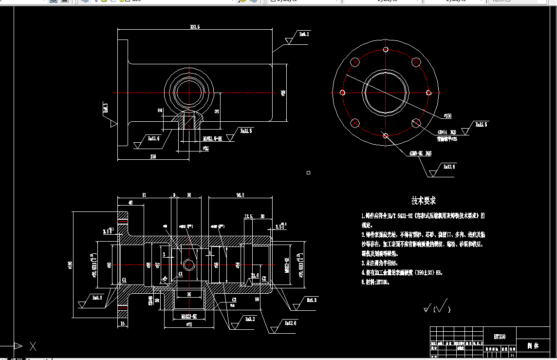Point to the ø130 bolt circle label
pyautogui.click(x=446, y=116)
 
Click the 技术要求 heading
pyautogui.click(x=423, y=200)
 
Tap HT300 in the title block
pyautogui.click(x=500, y=337)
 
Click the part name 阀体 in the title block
pyautogui.click(x=533, y=346)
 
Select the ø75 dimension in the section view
pyautogui.click(x=188, y=324)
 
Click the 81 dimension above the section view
pyautogui.click(x=145, y=195)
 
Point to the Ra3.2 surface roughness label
pyautogui.click(x=250, y=319)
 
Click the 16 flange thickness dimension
pyautogui.click(x=122, y=323)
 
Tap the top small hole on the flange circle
pyautogui.click(x=386, y=50)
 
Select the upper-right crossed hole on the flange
pyautogui.click(x=416, y=62)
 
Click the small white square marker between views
pyautogui.click(x=308, y=172)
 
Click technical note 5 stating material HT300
pyautogui.click(x=375, y=282)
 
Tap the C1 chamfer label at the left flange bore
pyautogui.click(x=125, y=280)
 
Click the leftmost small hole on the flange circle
pyautogui.click(x=342, y=93)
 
